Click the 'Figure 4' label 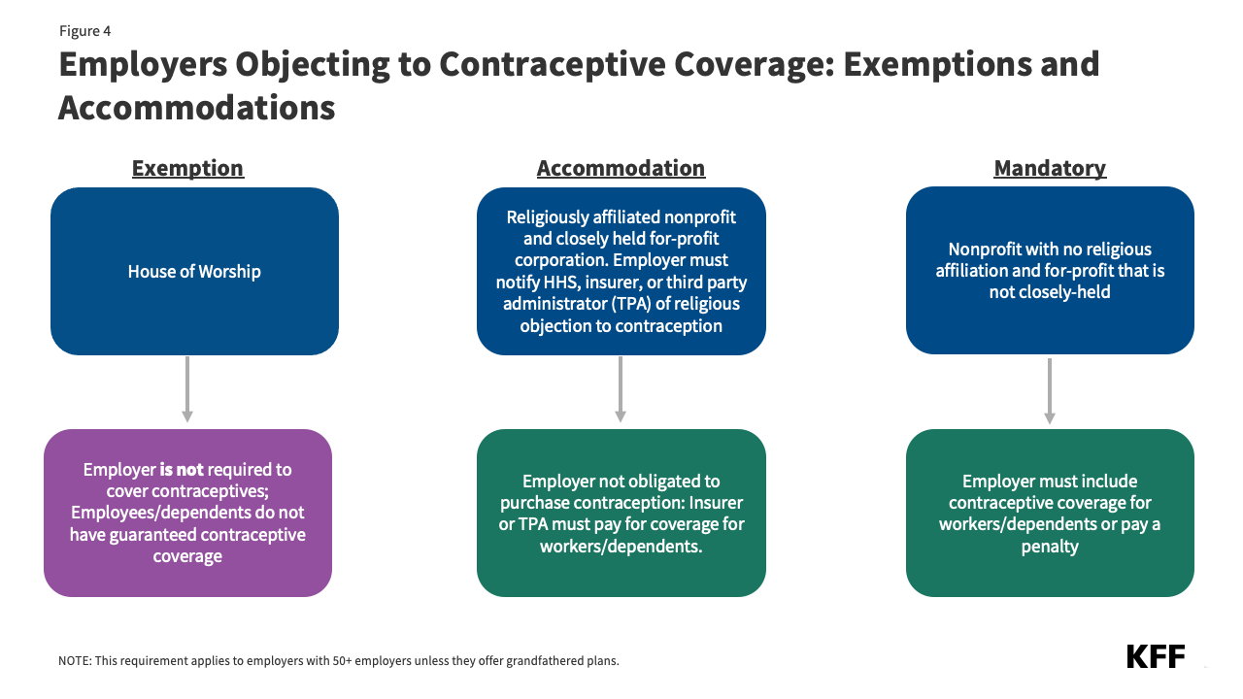84,31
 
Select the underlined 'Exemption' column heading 187,168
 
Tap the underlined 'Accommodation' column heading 621,168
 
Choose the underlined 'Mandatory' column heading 1050,168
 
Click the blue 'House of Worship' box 194,271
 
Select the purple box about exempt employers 187,513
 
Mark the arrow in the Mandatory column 1050,390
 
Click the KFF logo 1156,656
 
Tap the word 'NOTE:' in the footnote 74,661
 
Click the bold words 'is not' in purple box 182,470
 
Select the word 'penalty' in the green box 1050,547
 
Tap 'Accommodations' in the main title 197,107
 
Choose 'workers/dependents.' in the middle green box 621,547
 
